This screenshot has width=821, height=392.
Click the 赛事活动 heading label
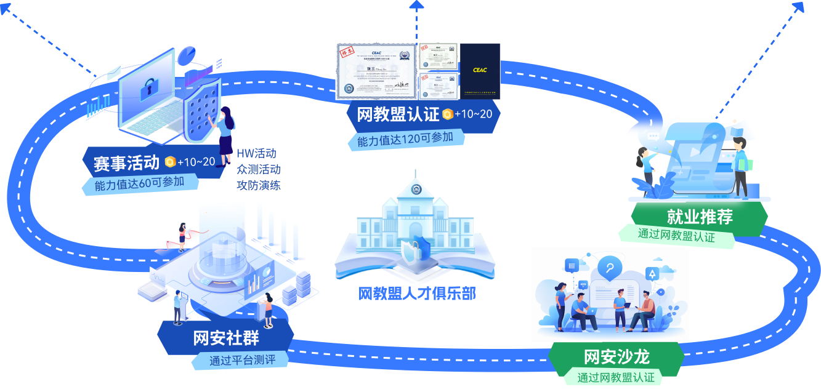(x=127, y=162)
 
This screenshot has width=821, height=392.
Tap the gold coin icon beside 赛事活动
(x=170, y=162)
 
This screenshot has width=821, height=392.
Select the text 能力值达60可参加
(x=140, y=183)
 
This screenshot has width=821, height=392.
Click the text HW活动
(x=256, y=153)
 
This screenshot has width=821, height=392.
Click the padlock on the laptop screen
(x=148, y=90)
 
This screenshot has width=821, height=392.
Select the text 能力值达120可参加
(x=405, y=138)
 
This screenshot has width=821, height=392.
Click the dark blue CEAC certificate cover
(x=480, y=71)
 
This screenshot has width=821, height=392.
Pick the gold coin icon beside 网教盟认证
(x=447, y=114)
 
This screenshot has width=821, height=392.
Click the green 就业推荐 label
(x=700, y=217)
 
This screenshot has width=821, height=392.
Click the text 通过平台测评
(x=242, y=360)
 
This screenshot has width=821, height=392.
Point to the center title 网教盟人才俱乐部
(x=417, y=294)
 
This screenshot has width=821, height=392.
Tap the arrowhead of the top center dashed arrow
(x=417, y=6)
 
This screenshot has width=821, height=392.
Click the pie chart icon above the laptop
(x=187, y=56)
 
